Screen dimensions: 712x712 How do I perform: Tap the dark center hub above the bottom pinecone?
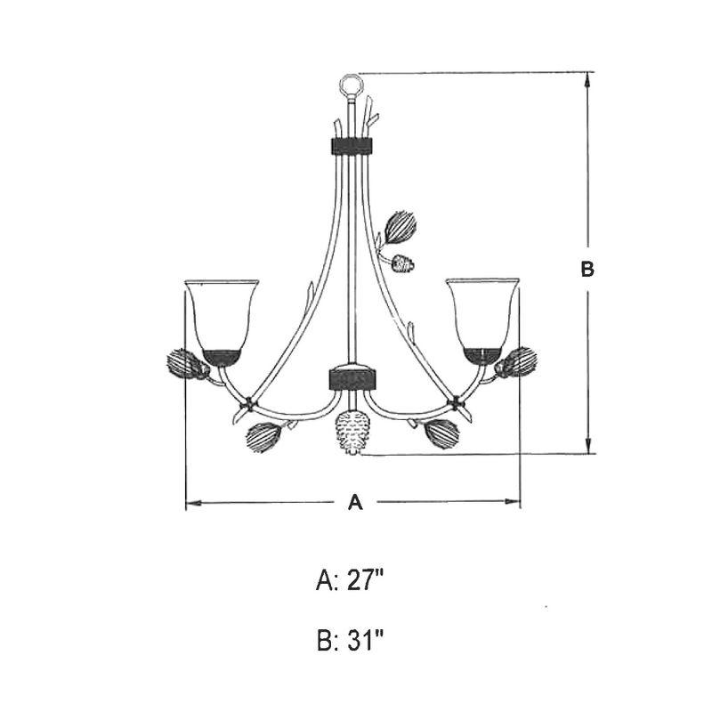tap(353, 377)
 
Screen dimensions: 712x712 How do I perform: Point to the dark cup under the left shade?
tap(221, 358)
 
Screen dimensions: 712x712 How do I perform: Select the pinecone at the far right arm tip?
tap(518, 362)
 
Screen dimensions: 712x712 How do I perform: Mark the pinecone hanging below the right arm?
tap(442, 433)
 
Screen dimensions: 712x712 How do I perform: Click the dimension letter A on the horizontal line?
tap(355, 504)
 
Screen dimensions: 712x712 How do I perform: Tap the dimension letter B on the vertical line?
tap(587, 269)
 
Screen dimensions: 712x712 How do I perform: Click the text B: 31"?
tap(350, 639)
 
